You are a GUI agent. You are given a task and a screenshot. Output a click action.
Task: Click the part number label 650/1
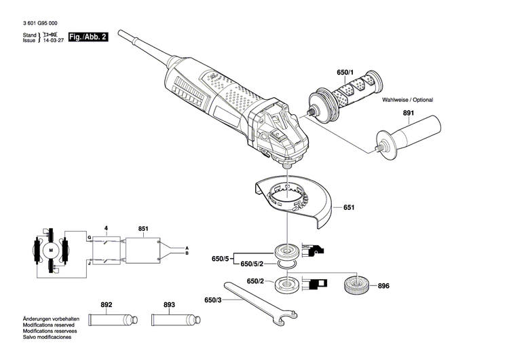click(x=345, y=72)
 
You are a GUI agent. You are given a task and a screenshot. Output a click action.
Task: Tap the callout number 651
click(x=349, y=207)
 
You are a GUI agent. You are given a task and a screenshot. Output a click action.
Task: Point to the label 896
click(x=383, y=286)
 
